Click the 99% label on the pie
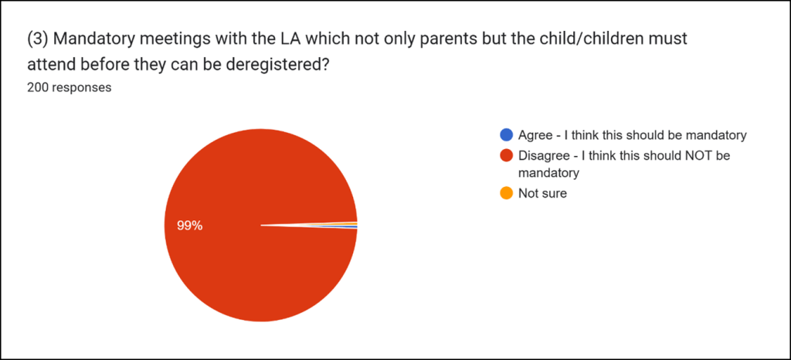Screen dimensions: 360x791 click(189, 226)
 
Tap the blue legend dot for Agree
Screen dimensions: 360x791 click(507, 135)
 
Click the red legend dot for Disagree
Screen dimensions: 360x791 click(507, 155)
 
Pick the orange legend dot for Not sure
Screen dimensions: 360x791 click(507, 194)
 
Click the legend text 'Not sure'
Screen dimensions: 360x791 click(542, 194)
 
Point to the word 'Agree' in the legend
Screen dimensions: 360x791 click(535, 135)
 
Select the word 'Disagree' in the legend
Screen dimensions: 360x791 click(544, 155)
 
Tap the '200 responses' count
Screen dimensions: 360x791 click(69, 87)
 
